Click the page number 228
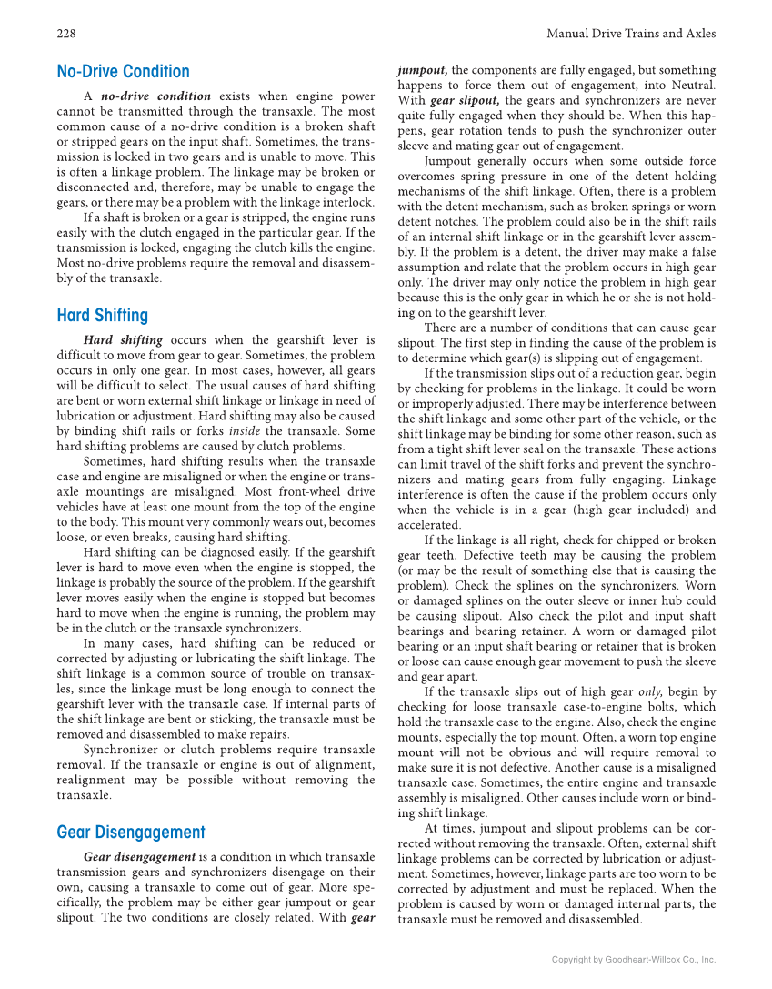tap(65, 34)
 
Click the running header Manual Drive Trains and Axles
tap(631, 34)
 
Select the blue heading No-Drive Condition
tap(123, 72)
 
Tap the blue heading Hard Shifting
tap(102, 316)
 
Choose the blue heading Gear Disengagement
tap(130, 833)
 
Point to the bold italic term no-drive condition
tap(155, 96)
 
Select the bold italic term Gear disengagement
tap(139, 857)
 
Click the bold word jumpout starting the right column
tap(422, 70)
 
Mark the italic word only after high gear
tap(649, 692)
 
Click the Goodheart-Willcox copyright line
tap(634, 960)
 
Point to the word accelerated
tap(429, 525)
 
